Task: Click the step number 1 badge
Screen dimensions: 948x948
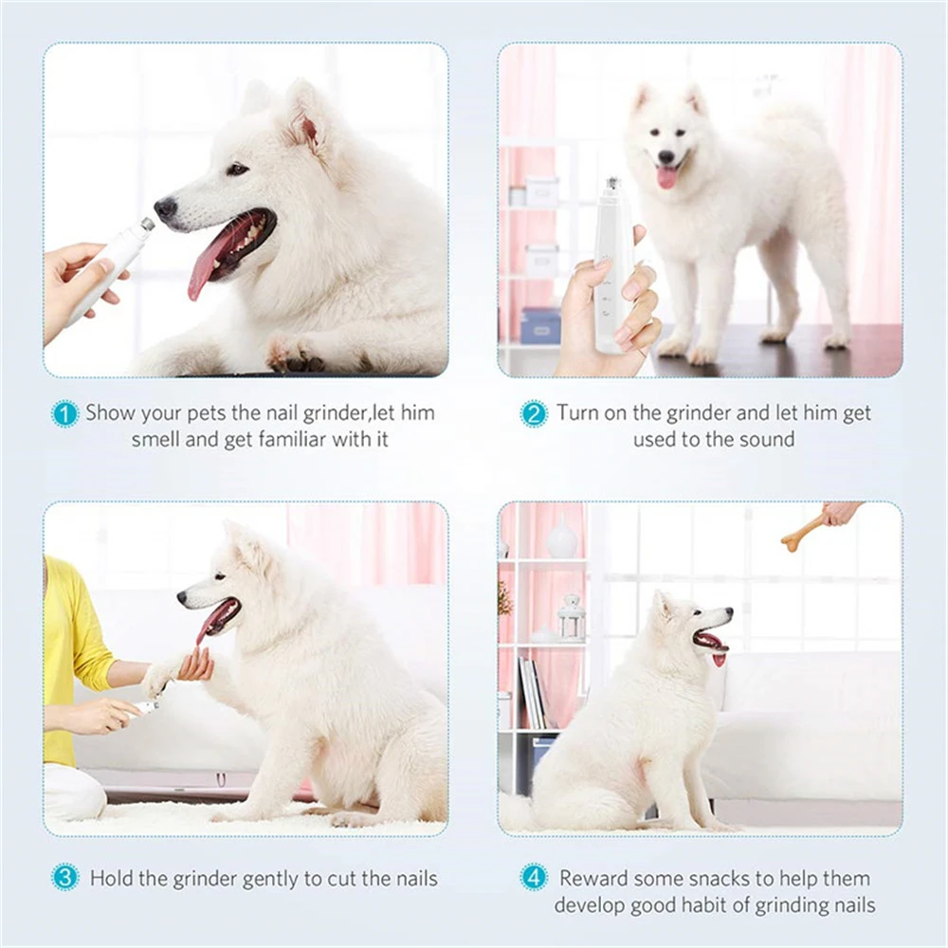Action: (x=64, y=414)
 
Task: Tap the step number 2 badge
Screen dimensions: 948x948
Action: (x=534, y=414)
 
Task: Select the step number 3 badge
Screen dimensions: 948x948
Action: (x=64, y=878)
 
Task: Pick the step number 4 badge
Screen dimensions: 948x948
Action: (x=534, y=878)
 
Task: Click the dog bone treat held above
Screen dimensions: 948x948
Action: (x=802, y=533)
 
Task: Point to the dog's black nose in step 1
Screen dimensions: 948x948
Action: (x=165, y=208)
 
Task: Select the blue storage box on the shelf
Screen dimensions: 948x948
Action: (x=541, y=325)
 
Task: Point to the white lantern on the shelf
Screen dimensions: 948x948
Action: (x=571, y=618)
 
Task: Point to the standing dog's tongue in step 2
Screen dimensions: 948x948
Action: (x=667, y=177)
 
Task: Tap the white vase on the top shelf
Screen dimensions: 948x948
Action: (x=562, y=539)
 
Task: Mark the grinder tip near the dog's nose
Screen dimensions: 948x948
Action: (x=147, y=226)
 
